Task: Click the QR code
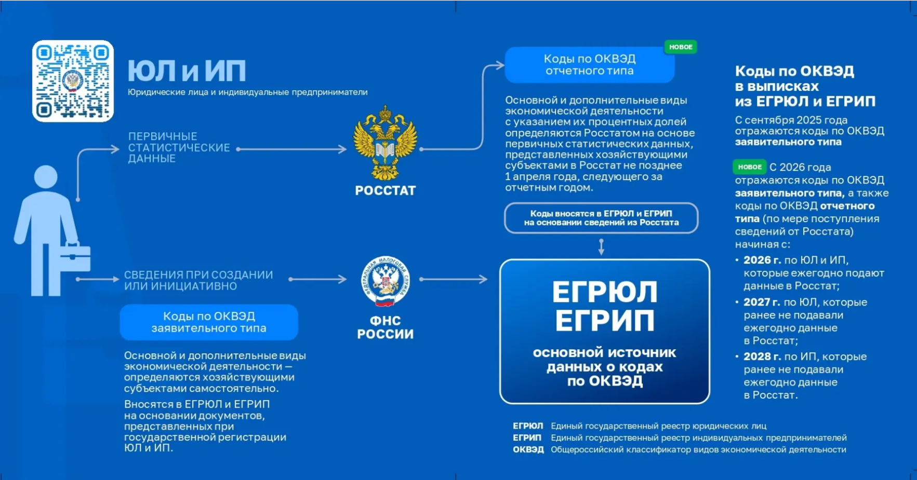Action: (x=73, y=81)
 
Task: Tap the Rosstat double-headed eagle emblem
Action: (x=385, y=143)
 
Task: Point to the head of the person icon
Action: (x=46, y=176)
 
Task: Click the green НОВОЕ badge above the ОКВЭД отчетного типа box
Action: (x=681, y=47)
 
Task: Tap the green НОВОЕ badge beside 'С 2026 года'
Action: (x=749, y=167)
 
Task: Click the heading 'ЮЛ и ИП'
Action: (x=187, y=71)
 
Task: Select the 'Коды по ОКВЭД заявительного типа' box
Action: (x=209, y=322)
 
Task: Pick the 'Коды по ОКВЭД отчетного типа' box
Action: (x=589, y=65)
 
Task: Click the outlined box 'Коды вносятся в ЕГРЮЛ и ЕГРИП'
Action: (x=601, y=218)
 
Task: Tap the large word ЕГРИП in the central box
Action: (x=605, y=321)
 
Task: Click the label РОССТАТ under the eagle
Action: (x=385, y=191)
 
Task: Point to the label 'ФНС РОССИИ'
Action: (x=385, y=327)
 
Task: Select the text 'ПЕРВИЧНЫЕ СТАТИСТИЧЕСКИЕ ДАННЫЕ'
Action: (x=179, y=147)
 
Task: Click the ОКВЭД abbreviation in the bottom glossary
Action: (x=528, y=449)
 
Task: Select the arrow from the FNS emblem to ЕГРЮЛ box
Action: (x=453, y=279)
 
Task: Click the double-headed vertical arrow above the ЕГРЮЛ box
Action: (x=601, y=246)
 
